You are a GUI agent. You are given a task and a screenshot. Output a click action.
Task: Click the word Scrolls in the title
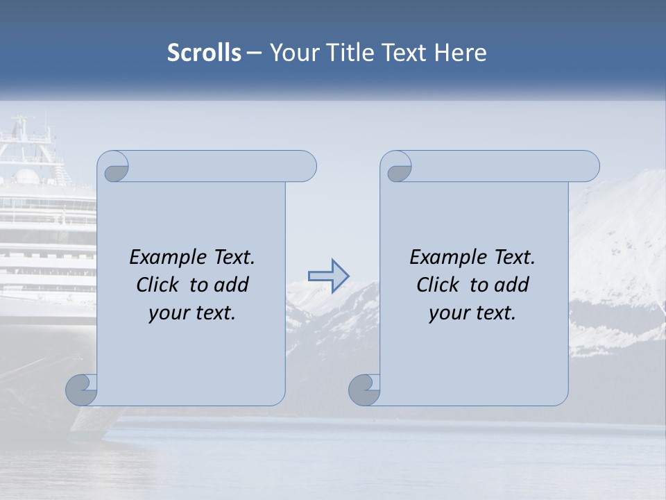(x=204, y=53)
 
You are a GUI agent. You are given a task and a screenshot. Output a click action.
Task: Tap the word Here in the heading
(x=461, y=53)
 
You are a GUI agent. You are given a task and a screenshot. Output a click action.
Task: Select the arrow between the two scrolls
(x=328, y=275)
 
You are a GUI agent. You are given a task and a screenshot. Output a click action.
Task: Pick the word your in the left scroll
(x=167, y=313)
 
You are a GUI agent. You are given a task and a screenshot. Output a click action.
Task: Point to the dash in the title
(x=255, y=53)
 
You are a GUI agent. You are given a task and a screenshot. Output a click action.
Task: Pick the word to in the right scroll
(x=478, y=285)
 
